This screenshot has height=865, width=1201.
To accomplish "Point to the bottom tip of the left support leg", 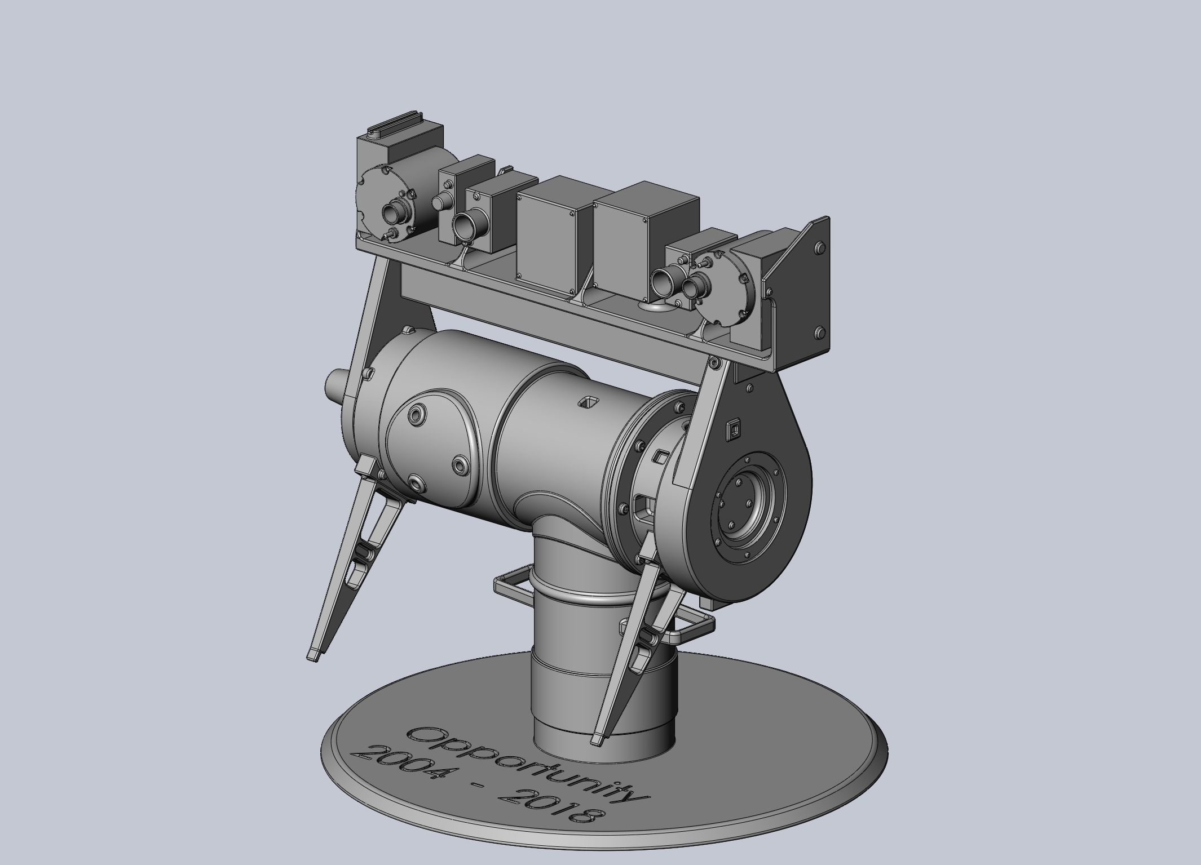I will pos(315,655).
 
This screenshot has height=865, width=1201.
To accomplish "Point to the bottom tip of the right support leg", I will pos(598,739).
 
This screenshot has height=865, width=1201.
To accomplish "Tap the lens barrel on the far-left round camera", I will pos(395,213).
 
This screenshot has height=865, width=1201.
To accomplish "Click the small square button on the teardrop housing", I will pos(734,431).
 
